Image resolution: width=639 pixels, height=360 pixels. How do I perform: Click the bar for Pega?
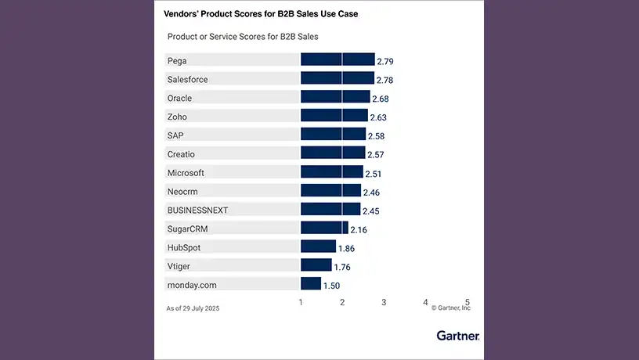(338, 59)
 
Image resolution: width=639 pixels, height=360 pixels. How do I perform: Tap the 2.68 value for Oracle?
(380, 99)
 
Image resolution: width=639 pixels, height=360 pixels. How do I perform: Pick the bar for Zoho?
(334, 116)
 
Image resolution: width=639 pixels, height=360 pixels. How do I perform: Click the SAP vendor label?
(175, 135)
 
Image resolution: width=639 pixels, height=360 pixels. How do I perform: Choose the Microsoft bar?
(332, 172)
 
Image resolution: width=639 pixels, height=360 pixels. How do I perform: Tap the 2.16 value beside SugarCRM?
(358, 230)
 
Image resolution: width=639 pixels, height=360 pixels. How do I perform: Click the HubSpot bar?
(319, 247)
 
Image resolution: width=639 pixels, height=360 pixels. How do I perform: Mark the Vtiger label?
(179, 266)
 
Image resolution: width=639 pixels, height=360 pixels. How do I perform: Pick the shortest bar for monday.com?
(311, 283)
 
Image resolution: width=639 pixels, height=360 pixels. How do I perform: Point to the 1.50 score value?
(331, 286)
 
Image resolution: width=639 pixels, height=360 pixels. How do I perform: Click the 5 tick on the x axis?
(468, 302)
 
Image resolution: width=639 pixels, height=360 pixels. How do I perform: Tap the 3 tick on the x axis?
(384, 302)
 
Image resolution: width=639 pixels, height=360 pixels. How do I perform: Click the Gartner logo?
(458, 336)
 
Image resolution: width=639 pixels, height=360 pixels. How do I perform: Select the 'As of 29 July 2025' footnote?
(193, 308)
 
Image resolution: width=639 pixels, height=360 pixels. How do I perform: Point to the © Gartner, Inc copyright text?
(451, 308)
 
